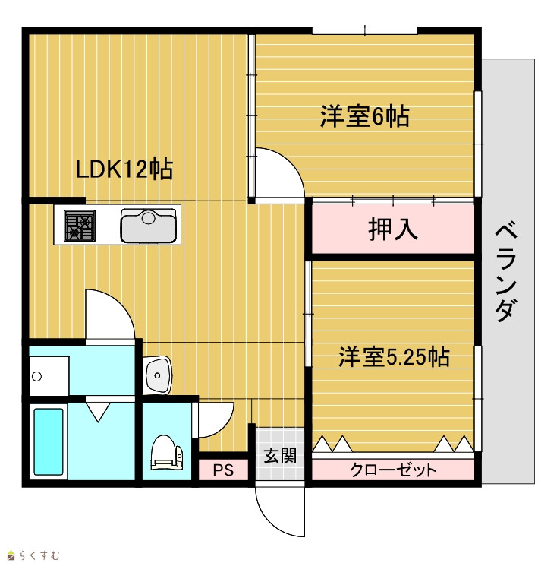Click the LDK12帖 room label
tap(124, 169)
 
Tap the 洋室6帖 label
tap(365, 116)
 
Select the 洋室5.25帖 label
tap(394, 356)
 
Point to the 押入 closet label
tap(393, 229)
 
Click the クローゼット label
tap(393, 470)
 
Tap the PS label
tap(223, 470)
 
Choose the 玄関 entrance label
tap(280, 456)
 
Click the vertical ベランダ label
tap(506, 273)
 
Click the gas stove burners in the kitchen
tap(80, 226)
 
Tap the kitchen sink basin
tap(149, 226)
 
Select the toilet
tap(166, 452)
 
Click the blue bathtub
tap(49, 441)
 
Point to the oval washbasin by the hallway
tap(157, 375)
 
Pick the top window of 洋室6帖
tap(365, 31)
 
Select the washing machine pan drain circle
tap(36, 376)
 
